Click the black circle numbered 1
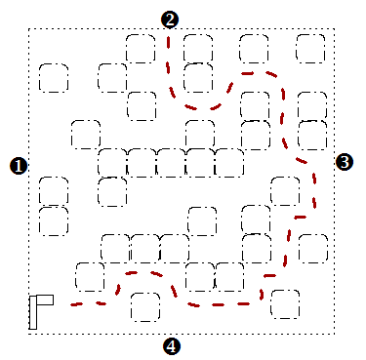[19, 166]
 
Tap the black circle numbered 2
[170, 20]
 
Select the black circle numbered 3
[345, 162]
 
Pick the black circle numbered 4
[172, 346]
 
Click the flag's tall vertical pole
[33, 312]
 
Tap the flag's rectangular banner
[45, 300]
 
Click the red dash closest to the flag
[76, 304]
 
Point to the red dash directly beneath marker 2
[169, 43]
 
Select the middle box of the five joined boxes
[172, 163]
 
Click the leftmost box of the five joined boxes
[112, 162]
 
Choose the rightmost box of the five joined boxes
[229, 163]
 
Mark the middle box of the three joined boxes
[145, 248]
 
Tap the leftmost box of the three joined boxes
[115, 248]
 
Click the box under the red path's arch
[145, 307]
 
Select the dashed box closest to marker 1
[54, 191]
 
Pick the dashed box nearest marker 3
[312, 136]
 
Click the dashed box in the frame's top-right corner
[310, 49]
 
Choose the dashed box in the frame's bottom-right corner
[285, 304]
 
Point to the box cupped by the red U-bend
[198, 78]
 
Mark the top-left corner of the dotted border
[29, 29]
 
